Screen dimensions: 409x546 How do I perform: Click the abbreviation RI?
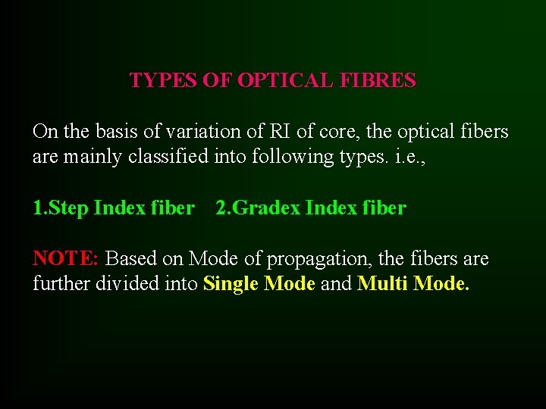click(278, 132)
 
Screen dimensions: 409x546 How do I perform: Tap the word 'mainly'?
click(86, 157)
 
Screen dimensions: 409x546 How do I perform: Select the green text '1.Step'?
click(60, 208)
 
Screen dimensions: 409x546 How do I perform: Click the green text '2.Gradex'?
click(258, 208)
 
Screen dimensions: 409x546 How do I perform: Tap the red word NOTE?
click(66, 258)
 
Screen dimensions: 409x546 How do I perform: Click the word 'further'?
click(59, 284)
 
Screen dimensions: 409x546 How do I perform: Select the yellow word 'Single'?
click(231, 284)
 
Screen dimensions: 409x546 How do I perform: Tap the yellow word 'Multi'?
click(382, 284)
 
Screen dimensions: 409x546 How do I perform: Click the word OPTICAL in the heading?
click(284, 80)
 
